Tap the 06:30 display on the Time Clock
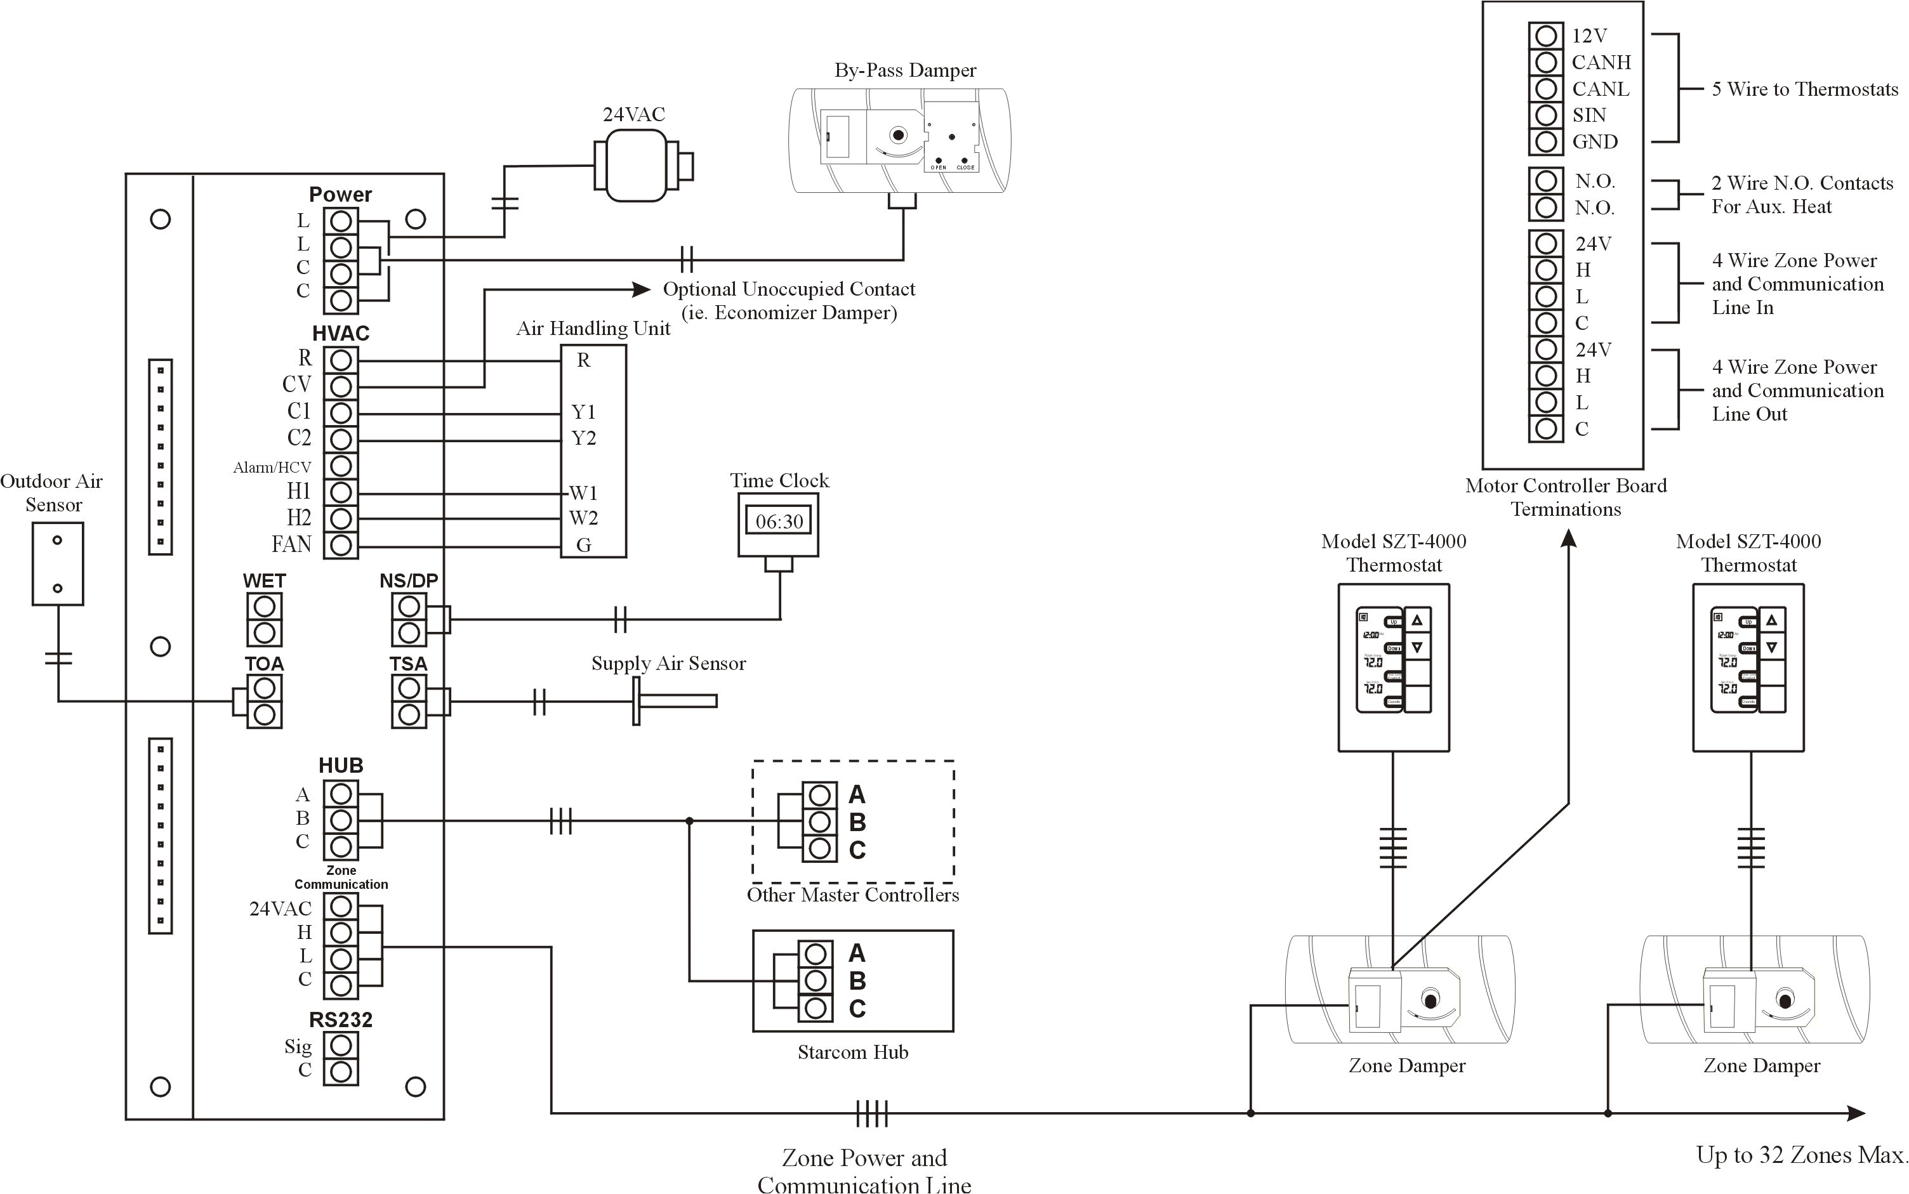[x=779, y=522]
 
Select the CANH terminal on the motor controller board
[x=1546, y=62]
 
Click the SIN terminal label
[x=1589, y=115]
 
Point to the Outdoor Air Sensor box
[x=57, y=564]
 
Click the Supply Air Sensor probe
[x=676, y=700]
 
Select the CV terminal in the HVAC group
[x=340, y=386]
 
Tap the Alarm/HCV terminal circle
[x=340, y=466]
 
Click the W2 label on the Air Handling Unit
[x=584, y=519]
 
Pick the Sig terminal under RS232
[x=340, y=1046]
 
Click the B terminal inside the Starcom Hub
[x=816, y=981]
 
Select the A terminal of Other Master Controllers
[x=820, y=794]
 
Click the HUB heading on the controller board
[x=340, y=765]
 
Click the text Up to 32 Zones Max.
[x=1802, y=1155]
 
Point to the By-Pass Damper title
[x=905, y=70]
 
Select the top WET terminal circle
[x=264, y=607]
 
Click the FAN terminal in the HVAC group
[x=340, y=545]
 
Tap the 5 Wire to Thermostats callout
[x=1804, y=89]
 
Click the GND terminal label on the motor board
[x=1595, y=142]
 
